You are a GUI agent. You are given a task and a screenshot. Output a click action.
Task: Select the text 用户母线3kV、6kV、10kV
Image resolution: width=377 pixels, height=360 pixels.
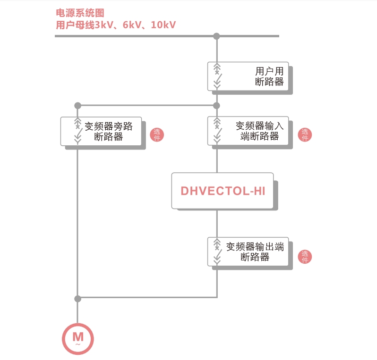(116, 25)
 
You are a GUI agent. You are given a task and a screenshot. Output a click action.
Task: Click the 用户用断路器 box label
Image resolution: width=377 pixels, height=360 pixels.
(269, 76)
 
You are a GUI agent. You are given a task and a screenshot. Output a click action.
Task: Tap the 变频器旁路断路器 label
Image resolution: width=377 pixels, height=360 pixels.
(109, 132)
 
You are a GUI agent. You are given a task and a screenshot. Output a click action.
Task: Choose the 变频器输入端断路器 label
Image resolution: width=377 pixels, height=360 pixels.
(259, 131)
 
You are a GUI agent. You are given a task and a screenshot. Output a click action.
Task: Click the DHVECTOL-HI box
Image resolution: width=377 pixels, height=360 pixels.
(223, 191)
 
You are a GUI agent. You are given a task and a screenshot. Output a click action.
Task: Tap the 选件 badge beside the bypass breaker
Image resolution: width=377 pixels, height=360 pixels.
(157, 134)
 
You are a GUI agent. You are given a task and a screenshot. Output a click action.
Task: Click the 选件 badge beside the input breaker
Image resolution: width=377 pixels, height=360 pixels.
(305, 134)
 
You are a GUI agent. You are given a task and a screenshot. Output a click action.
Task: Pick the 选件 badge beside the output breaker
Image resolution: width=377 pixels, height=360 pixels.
(305, 257)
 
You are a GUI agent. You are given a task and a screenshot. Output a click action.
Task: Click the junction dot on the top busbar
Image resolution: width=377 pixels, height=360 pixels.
(217, 36)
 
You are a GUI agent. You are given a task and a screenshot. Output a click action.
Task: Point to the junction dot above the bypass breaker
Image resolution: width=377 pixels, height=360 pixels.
(78, 106)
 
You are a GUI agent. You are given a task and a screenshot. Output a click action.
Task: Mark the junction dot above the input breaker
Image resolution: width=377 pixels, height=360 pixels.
(217, 106)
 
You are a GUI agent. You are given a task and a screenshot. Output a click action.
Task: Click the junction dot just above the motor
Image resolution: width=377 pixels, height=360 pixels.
(78, 299)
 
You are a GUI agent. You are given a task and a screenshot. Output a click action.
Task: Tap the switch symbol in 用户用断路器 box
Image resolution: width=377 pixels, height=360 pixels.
(217, 76)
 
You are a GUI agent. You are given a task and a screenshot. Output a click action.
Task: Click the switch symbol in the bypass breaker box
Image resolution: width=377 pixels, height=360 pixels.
(78, 131)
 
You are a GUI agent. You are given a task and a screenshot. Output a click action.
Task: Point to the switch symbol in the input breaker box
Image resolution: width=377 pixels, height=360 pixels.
(217, 131)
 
